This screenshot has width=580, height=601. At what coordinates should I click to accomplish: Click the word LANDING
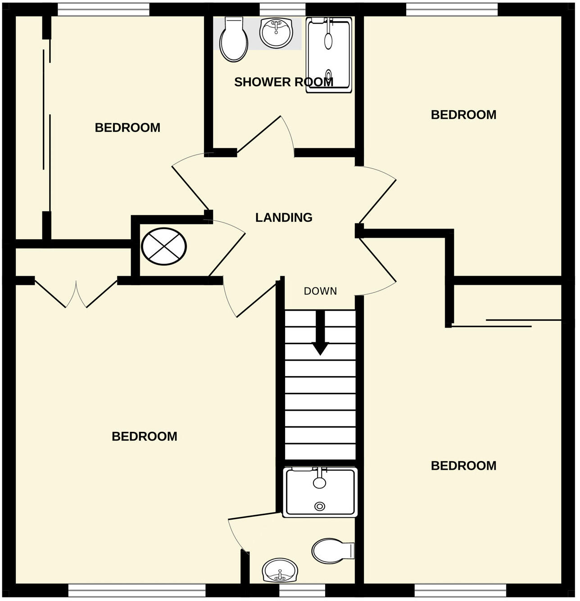tap(284, 218)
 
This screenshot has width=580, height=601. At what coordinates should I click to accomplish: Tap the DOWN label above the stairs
tap(320, 291)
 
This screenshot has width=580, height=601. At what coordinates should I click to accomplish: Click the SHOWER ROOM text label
tap(283, 82)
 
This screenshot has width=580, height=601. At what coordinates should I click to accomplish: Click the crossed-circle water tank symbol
tap(163, 247)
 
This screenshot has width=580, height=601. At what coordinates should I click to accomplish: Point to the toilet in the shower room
tap(234, 40)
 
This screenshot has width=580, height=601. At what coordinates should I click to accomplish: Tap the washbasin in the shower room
tap(276, 33)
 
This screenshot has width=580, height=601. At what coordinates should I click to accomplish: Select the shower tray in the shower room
tap(329, 55)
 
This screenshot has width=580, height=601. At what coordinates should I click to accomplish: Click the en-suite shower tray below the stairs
tap(320, 492)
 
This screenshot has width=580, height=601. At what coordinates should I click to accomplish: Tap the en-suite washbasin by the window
tap(280, 570)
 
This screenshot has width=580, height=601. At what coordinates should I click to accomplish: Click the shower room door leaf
tap(259, 134)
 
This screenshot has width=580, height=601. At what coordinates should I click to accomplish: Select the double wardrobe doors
tap(76, 295)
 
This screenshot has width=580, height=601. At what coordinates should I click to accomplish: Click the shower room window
tap(282, 9)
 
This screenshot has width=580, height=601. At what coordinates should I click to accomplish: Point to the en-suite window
tap(302, 590)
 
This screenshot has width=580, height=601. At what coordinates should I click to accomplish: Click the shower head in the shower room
tap(329, 40)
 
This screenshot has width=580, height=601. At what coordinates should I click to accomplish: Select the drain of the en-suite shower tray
tap(320, 507)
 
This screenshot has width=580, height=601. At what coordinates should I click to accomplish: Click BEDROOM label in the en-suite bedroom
tap(144, 436)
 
